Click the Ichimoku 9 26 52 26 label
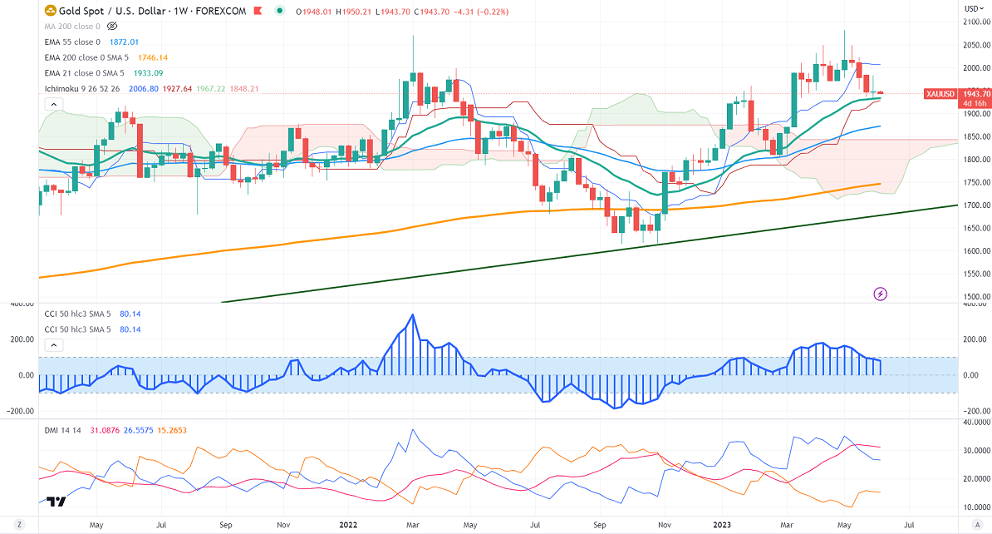(86, 89)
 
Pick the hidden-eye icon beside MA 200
(112, 27)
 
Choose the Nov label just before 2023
(665, 525)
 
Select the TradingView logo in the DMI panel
(56, 502)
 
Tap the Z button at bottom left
(18, 525)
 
